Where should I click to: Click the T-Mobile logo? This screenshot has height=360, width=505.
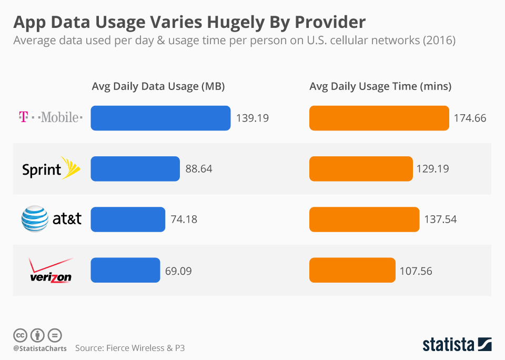(x=50, y=117)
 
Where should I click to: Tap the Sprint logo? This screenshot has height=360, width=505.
(x=50, y=168)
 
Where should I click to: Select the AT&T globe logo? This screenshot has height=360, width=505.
(x=35, y=219)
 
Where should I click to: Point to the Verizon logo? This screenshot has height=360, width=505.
(x=50, y=271)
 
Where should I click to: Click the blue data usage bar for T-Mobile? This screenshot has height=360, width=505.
(x=160, y=118)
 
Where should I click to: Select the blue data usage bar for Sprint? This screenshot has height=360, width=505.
(x=135, y=168)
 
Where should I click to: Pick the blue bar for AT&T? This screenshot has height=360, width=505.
(x=128, y=219)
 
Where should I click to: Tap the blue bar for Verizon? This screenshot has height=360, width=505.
(x=125, y=270)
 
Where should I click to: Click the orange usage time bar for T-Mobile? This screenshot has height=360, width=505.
(x=379, y=118)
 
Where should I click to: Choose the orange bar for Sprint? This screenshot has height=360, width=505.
(x=361, y=168)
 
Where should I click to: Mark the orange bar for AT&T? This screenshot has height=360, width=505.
(x=364, y=219)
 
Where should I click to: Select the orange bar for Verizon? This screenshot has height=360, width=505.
(x=352, y=270)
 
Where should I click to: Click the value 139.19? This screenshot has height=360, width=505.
(x=252, y=118)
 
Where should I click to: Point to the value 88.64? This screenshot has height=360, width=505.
(x=199, y=169)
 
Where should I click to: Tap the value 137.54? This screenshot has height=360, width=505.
(x=441, y=219)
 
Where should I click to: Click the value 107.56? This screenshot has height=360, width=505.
(x=416, y=271)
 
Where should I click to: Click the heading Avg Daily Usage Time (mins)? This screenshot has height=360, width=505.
(x=380, y=86)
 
